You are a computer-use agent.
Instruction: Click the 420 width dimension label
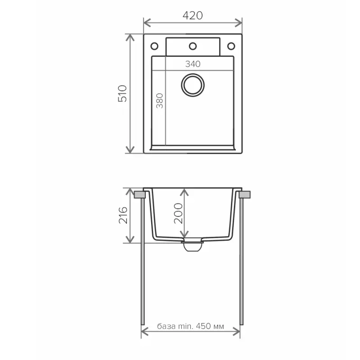193,15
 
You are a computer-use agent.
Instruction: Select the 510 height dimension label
122,93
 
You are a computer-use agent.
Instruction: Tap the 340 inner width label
193,64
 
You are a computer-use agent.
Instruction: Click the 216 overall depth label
122,216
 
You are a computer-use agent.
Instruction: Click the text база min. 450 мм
191,326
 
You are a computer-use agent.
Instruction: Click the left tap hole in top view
154,46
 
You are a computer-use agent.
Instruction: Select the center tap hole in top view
193,46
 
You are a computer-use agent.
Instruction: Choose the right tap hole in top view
231,46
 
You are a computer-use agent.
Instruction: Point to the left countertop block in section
140,194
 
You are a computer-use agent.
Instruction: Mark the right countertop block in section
245,194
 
